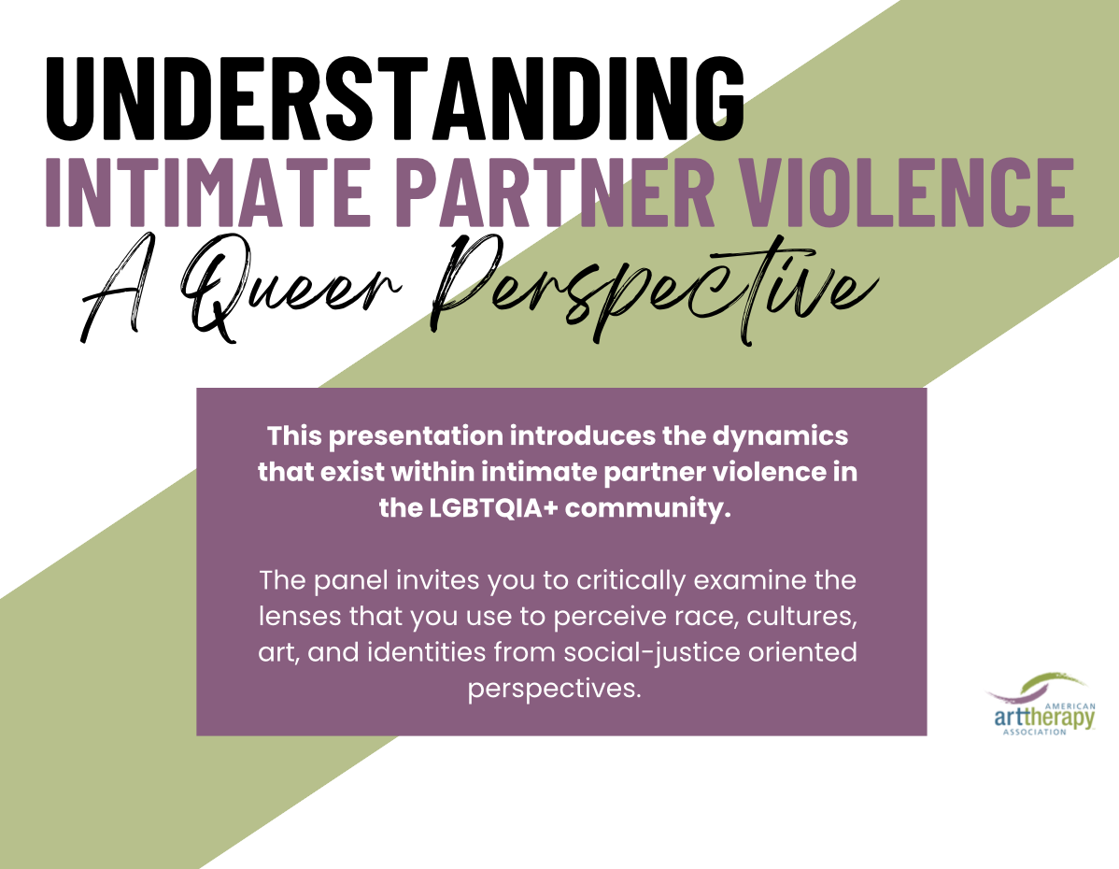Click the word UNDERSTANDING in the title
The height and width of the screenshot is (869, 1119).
395,98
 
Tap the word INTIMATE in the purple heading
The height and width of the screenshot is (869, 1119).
208,192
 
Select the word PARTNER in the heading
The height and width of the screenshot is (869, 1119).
555,192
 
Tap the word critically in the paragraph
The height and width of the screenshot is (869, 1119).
630,580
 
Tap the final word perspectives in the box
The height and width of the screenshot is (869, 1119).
555,690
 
